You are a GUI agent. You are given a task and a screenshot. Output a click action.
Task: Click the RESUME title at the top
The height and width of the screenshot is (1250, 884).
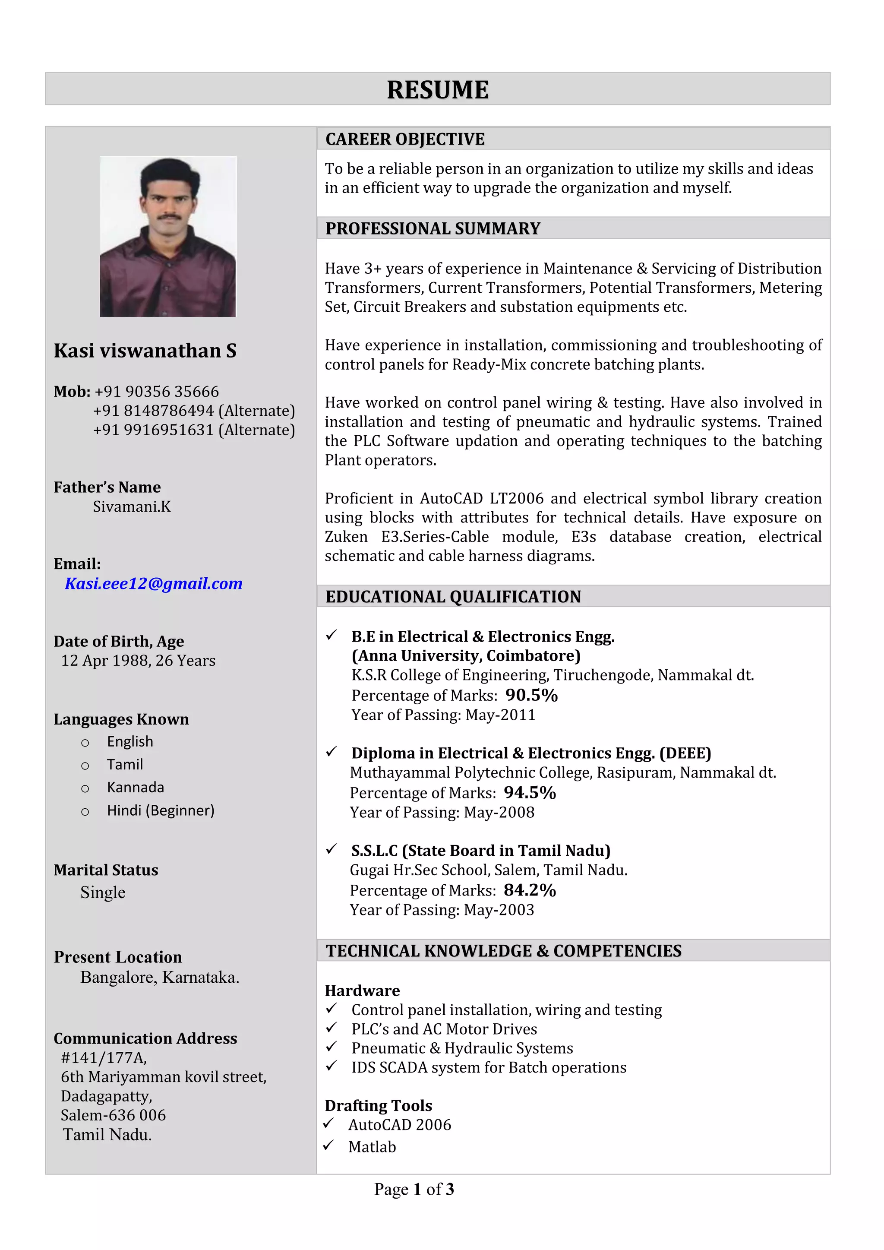[x=438, y=90]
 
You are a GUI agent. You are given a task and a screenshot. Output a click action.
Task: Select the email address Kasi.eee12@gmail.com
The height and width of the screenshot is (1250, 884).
[x=154, y=584]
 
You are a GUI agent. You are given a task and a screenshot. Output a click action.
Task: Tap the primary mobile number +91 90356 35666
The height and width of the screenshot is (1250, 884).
[x=157, y=392]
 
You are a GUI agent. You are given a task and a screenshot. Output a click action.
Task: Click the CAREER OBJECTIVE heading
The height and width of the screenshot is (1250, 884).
[x=405, y=139]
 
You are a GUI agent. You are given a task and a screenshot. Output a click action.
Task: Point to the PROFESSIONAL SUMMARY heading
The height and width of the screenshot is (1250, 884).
[x=433, y=229]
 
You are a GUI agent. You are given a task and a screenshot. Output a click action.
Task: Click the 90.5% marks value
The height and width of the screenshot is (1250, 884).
[x=531, y=695]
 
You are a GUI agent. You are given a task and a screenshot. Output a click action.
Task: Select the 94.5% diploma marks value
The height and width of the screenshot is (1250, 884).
[x=530, y=793]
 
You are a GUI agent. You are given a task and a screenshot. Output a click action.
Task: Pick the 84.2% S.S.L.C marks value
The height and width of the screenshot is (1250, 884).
[x=530, y=890]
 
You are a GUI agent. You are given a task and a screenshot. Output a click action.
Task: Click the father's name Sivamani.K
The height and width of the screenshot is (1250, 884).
[x=132, y=507]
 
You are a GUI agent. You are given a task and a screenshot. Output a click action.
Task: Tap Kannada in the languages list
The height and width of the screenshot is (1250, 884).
[x=136, y=787]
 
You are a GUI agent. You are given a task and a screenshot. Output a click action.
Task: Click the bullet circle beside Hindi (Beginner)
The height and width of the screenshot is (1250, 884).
[x=85, y=812]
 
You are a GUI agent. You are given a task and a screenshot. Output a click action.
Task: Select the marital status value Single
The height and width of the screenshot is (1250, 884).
[x=103, y=892]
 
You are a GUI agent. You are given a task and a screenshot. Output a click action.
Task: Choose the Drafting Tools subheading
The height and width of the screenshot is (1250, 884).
[x=378, y=1105]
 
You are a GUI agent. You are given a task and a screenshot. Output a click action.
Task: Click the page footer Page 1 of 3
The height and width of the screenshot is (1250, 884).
[x=414, y=1190]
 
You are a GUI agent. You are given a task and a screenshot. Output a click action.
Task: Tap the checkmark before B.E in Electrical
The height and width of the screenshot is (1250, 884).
[x=331, y=635]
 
